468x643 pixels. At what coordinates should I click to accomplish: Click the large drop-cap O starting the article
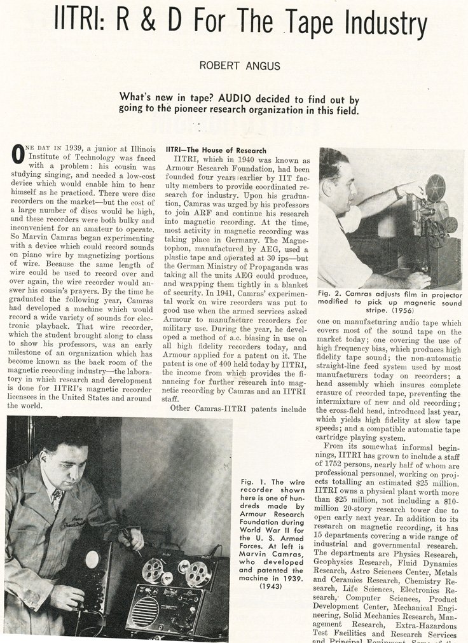pos(18,154)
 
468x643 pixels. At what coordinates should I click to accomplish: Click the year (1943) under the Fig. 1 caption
pos(273,586)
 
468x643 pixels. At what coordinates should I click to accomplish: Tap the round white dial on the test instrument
pos(93,559)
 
